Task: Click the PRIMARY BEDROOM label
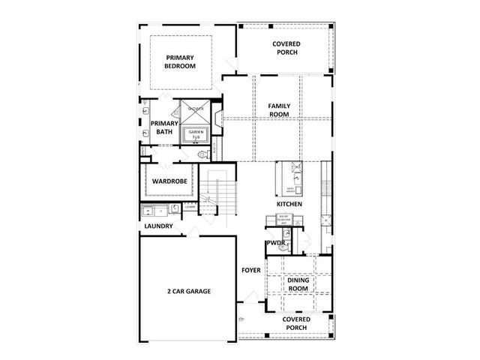tap(180, 61)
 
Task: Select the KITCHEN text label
tap(289, 204)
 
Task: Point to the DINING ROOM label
tap(298, 284)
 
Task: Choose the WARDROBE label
tap(169, 181)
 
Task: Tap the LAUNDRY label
tap(158, 226)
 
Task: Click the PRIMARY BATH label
tap(163, 127)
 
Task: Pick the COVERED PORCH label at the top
tap(287, 48)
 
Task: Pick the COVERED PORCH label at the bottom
tap(297, 323)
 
